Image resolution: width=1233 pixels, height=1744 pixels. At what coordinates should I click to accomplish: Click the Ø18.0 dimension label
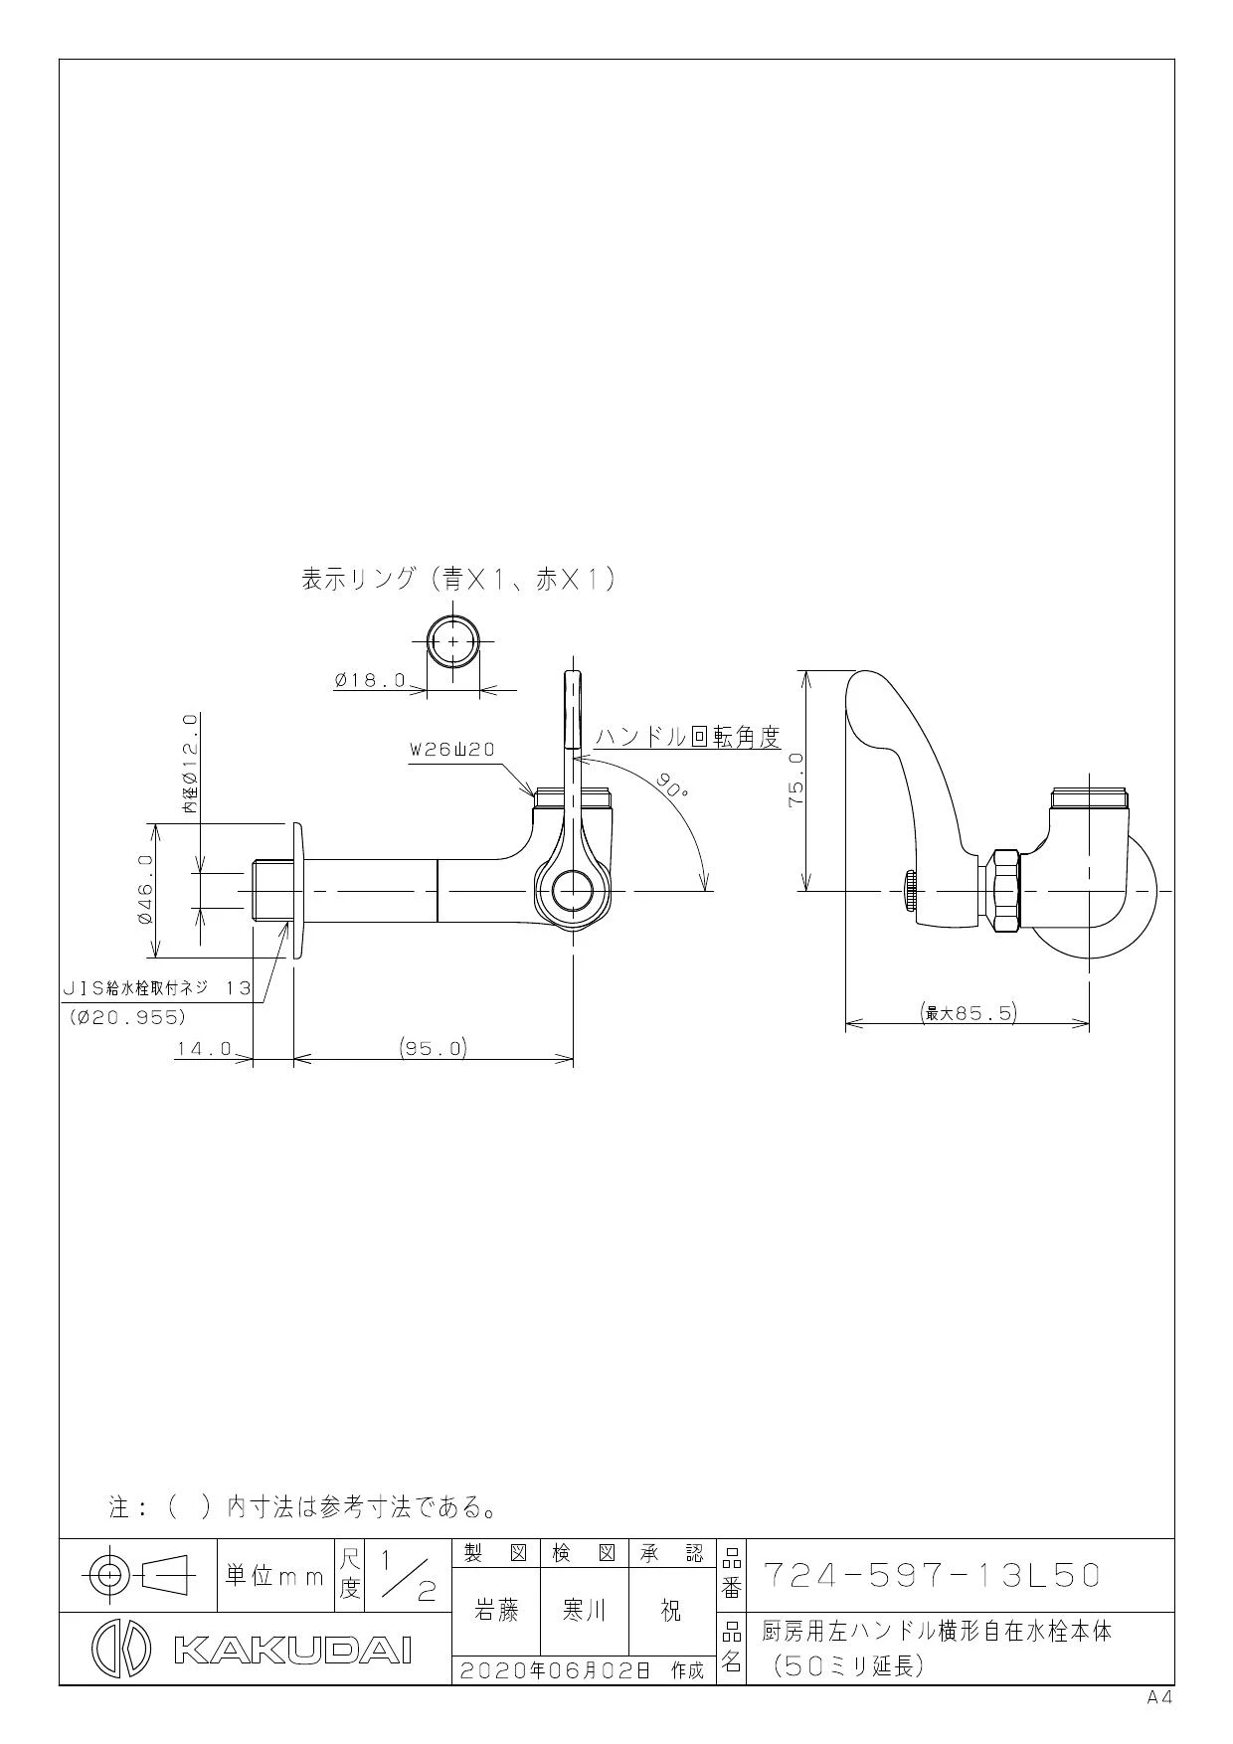(371, 681)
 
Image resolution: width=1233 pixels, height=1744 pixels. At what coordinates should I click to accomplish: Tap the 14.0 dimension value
(205, 1049)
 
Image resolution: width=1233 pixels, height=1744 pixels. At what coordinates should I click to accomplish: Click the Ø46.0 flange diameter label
(145, 891)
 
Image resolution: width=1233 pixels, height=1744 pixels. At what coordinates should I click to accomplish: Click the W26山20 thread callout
(452, 751)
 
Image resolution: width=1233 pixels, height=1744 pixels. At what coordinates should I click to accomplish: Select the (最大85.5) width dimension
(967, 1013)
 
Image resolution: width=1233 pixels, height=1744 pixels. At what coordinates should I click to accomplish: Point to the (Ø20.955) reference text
(128, 1017)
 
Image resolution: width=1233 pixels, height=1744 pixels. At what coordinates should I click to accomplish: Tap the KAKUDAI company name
(291, 1651)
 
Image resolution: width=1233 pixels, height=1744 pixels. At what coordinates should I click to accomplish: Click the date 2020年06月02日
(553, 1670)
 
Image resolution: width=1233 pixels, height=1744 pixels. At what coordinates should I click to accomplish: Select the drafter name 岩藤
(496, 1611)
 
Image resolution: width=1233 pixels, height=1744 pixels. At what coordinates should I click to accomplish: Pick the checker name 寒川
(585, 1611)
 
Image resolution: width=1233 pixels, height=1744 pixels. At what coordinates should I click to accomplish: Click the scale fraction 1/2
(403, 1576)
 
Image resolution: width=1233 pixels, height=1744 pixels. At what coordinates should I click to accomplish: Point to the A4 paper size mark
(1159, 1697)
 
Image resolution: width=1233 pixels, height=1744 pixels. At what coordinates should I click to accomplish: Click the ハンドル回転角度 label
(687, 737)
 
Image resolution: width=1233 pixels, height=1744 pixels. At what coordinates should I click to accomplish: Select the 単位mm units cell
(275, 1576)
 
